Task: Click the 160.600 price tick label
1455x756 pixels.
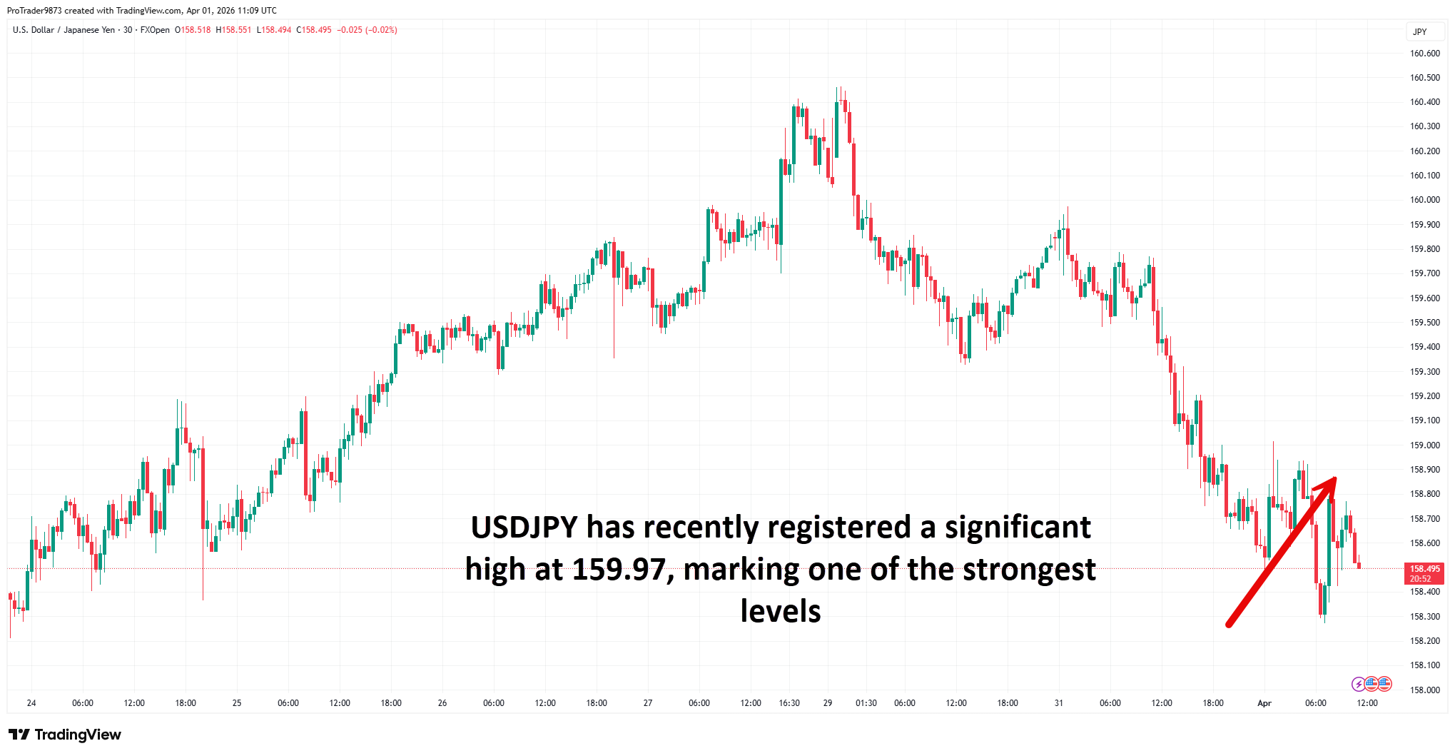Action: (x=1424, y=54)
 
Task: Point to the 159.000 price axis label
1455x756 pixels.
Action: (x=1424, y=445)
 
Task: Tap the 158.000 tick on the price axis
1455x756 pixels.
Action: (x=1424, y=690)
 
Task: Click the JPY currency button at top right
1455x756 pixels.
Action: (x=1419, y=31)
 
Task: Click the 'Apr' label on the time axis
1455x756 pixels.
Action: (x=1264, y=703)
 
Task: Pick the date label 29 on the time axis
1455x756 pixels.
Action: (x=827, y=703)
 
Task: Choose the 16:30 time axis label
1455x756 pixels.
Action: (x=789, y=703)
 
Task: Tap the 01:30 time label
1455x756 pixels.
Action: (x=866, y=703)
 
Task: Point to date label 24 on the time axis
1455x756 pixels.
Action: (x=31, y=703)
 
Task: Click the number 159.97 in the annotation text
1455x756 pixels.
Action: (x=619, y=570)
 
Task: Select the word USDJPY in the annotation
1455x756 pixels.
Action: (x=524, y=528)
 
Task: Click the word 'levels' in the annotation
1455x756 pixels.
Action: (x=780, y=612)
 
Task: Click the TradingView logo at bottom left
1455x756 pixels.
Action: (x=65, y=735)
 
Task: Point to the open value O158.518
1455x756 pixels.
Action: (x=193, y=30)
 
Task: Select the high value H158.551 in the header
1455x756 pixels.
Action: (x=233, y=30)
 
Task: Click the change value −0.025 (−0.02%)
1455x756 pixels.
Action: (x=367, y=30)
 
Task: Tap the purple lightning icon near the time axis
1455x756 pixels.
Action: (x=1358, y=684)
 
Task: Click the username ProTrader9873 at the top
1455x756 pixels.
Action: (x=34, y=11)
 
